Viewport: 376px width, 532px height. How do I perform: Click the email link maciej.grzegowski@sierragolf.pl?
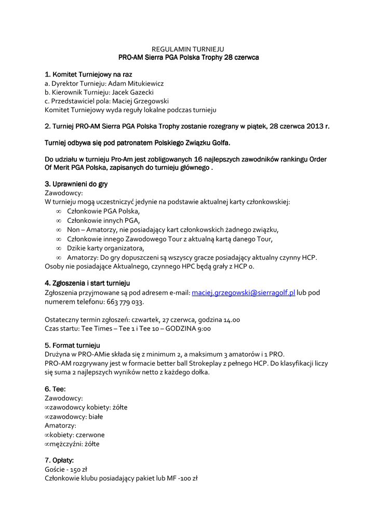(x=244, y=293)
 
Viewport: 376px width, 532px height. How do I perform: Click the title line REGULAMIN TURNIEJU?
(x=188, y=48)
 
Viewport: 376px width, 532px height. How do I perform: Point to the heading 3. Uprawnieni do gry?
(x=76, y=184)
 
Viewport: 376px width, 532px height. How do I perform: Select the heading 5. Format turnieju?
(x=73, y=345)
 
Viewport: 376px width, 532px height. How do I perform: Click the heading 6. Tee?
(x=55, y=389)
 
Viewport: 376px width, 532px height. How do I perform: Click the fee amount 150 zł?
(x=79, y=469)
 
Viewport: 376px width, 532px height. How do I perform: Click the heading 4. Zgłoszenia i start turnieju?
(x=87, y=283)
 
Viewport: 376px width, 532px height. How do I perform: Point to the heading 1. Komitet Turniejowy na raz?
(x=89, y=74)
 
